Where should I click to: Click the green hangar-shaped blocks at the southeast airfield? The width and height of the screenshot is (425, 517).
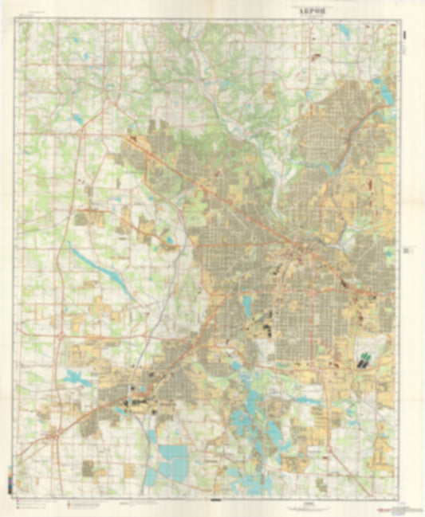pyautogui.click(x=364, y=358)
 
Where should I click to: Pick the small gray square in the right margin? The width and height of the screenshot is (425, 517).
pyautogui.click(x=406, y=249)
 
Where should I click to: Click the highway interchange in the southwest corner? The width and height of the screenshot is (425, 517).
pyautogui.click(x=54, y=434)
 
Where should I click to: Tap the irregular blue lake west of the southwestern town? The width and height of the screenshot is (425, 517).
pyautogui.click(x=76, y=378)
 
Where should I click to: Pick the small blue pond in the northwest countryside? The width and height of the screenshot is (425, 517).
pyautogui.click(x=77, y=118)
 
